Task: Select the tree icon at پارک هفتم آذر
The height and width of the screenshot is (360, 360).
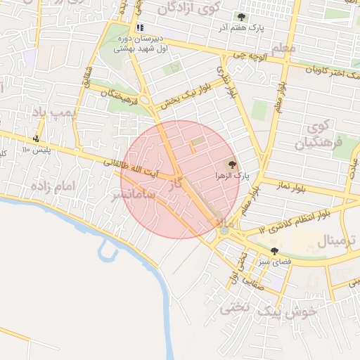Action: click(242, 17)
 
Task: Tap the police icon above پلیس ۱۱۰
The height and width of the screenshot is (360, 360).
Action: click(37, 139)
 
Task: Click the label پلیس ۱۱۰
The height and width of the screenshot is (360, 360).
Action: click(34, 150)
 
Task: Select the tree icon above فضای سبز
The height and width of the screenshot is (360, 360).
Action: click(274, 250)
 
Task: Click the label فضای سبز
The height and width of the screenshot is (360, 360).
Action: click(276, 262)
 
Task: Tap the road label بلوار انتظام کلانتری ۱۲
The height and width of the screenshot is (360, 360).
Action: click(295, 221)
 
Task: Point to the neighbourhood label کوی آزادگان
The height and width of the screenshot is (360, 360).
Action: click(188, 8)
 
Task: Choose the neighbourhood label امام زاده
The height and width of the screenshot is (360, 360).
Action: click(52, 187)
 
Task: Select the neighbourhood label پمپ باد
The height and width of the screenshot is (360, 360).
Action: click(53, 112)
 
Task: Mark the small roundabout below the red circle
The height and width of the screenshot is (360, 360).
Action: click(224, 230)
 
